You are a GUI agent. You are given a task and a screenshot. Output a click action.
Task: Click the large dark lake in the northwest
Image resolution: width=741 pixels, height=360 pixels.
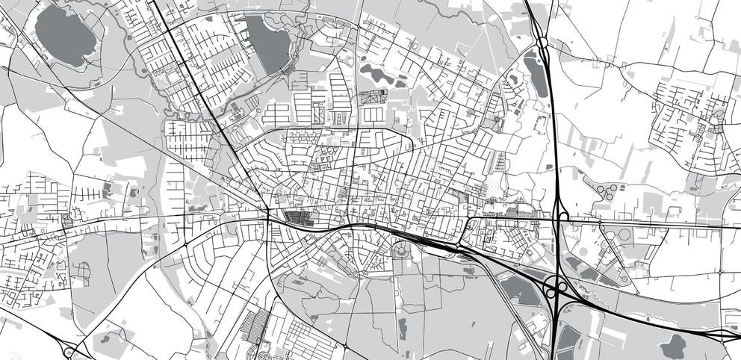(66, 36)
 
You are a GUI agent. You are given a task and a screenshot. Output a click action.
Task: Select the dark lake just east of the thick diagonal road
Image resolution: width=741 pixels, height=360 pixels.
(267, 43)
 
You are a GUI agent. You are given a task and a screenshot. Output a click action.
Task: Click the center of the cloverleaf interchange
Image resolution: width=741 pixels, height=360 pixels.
(556, 287)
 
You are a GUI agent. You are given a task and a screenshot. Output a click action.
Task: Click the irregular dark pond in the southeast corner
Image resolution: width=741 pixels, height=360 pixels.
(675, 345)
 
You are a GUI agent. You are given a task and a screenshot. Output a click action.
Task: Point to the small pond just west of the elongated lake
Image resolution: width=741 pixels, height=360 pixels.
(514, 78)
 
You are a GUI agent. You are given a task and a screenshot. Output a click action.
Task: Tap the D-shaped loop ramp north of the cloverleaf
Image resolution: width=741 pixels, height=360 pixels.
(562, 217)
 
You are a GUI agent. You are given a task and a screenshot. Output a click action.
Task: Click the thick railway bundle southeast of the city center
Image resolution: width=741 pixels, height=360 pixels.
(433, 240)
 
